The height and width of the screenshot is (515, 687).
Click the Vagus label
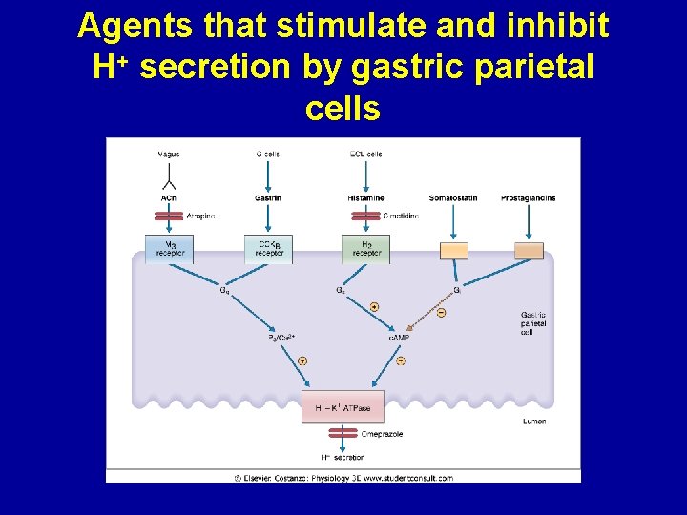pos(169,154)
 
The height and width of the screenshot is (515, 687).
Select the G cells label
pos(268,154)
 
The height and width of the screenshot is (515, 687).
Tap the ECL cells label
pos(365,154)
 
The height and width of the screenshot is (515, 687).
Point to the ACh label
pos(169,198)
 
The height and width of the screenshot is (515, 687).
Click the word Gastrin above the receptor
pos(268,198)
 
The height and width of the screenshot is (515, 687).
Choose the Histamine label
pos(365,198)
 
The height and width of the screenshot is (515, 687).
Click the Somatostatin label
pos(453,198)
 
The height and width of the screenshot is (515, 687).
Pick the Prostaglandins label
pos(528,198)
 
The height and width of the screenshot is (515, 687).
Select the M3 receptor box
pos(169,249)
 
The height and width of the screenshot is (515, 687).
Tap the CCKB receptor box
pos(268,249)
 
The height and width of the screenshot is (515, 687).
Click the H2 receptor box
pos(365,249)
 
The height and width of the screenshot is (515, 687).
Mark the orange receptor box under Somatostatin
pos(453,251)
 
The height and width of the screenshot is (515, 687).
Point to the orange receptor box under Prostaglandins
pos(529,251)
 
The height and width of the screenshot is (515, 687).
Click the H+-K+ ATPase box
pos(343,408)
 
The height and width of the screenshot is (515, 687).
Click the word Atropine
pos(200,216)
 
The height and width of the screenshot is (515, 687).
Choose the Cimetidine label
pos(401,216)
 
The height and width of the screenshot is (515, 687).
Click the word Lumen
pos(534,421)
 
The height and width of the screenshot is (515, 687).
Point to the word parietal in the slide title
pos(540,68)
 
